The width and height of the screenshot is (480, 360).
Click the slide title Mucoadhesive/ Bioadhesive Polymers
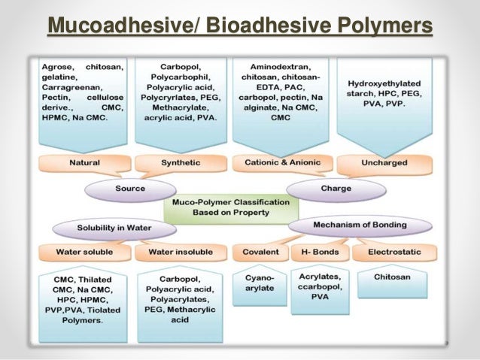240,28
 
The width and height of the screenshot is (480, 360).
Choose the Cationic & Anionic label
281,162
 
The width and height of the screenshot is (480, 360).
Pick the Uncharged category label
385,162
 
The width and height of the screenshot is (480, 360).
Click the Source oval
129,189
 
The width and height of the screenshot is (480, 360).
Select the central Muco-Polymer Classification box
230,208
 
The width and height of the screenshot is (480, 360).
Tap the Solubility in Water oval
114,227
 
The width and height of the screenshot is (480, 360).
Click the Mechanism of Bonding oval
369,225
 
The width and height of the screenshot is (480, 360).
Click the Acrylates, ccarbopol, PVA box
318,286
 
